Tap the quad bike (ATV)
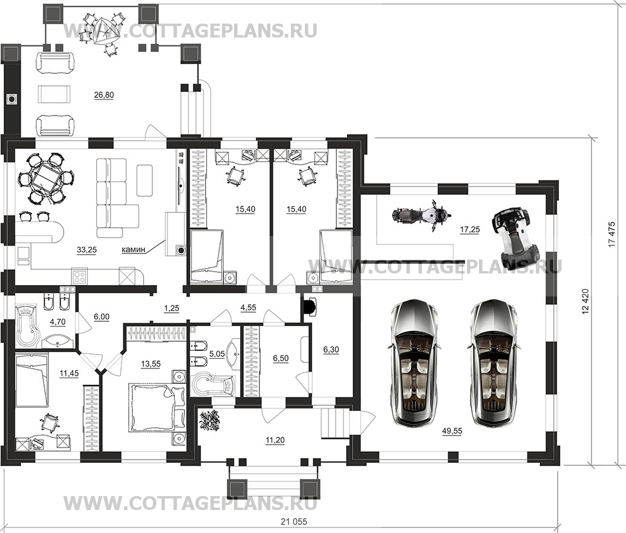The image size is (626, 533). [515, 235]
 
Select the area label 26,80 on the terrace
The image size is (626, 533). [104, 95]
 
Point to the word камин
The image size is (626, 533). [134, 249]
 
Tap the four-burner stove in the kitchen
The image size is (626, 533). [79, 276]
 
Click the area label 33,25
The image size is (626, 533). [86, 250]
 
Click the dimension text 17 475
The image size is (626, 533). [613, 234]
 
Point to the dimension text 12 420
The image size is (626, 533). [585, 301]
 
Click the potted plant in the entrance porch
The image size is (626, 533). [210, 421]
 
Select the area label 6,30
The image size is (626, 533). [331, 350]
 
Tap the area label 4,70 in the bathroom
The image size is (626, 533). [57, 322]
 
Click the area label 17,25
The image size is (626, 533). [470, 229]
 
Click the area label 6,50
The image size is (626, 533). [280, 359]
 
